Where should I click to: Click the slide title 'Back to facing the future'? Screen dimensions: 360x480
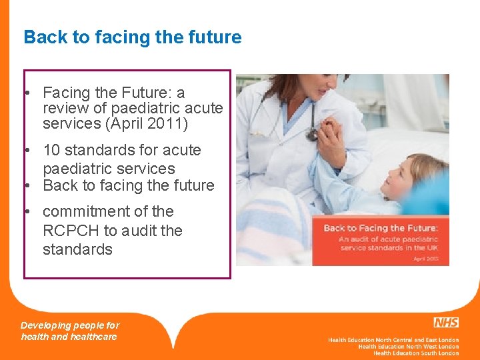[x=132, y=37]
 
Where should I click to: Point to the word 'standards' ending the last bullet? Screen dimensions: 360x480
[x=77, y=249]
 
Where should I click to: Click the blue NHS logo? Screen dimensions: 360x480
[x=445, y=323]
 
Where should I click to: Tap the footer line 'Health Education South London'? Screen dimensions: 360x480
[x=415, y=353]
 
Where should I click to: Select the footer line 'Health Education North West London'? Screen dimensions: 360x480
[x=408, y=347]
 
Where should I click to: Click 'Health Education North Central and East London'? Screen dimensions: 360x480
[x=393, y=340]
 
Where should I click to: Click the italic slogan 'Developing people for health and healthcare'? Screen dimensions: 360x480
[x=69, y=331]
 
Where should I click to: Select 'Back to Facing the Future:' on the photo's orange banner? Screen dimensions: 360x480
[x=381, y=229]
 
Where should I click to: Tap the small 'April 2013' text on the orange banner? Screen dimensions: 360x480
[x=425, y=257]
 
